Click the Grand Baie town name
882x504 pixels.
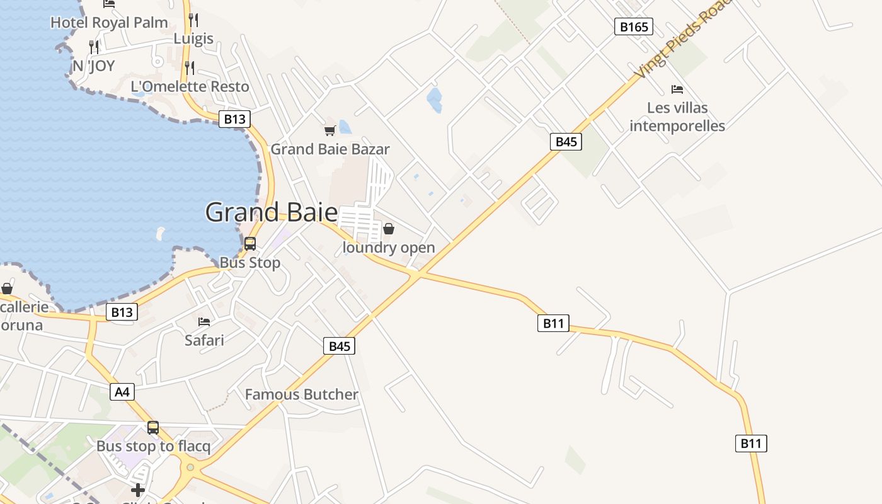(272, 212)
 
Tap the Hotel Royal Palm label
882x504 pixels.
(109, 23)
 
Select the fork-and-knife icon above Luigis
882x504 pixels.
(193, 20)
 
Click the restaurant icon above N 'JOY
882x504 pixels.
(94, 47)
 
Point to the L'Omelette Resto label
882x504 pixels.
(190, 86)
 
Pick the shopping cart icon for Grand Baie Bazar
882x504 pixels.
(329, 130)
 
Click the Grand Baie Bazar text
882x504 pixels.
(330, 149)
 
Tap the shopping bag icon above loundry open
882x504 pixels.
(389, 229)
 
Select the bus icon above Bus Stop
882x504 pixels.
(250, 243)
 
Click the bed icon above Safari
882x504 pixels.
(204, 322)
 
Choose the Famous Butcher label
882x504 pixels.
(301, 394)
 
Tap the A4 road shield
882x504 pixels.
(122, 392)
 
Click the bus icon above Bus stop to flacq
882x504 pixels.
(153, 428)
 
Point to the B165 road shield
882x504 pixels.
(633, 26)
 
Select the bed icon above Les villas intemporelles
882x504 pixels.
(677, 89)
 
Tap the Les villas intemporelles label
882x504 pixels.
(677, 117)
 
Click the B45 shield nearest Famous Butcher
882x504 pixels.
(340, 346)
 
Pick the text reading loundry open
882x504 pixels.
(389, 248)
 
